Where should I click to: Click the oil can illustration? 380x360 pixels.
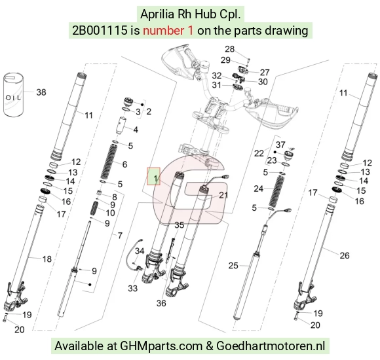(14, 95)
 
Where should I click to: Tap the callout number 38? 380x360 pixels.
(41, 92)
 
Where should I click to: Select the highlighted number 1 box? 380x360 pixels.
(154, 176)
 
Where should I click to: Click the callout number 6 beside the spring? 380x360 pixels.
(124, 164)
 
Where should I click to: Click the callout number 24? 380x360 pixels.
(258, 189)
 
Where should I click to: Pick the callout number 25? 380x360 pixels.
(233, 266)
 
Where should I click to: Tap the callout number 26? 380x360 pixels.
(345, 255)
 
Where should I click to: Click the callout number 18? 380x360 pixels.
(47, 259)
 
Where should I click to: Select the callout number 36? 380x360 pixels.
(161, 303)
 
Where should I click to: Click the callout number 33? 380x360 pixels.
(132, 289)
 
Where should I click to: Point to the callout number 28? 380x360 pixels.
(229, 49)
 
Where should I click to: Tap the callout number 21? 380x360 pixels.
(223, 195)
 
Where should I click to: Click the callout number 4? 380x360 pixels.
(136, 130)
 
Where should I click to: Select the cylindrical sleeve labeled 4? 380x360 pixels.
(121, 126)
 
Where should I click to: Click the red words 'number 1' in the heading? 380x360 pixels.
(168, 31)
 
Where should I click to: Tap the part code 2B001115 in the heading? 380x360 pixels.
(100, 31)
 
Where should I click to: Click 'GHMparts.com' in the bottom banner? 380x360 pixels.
(161, 346)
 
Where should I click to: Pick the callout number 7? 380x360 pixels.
(120, 236)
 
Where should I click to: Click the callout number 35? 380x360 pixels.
(180, 225)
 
